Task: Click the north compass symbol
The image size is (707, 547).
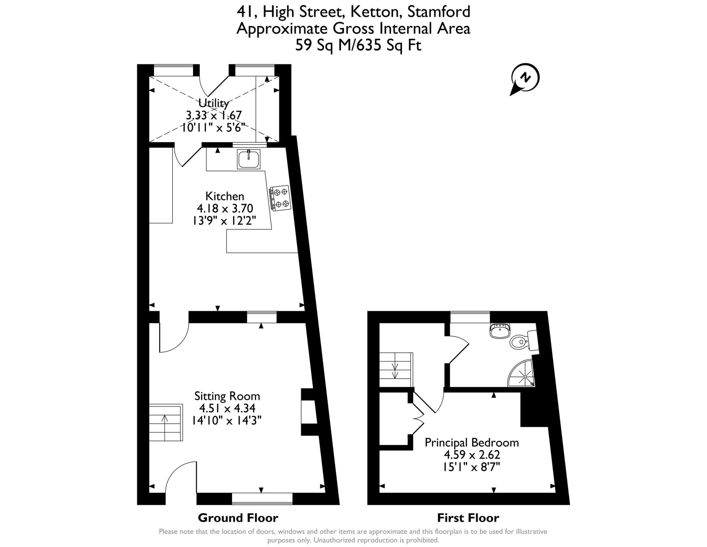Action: pyautogui.click(x=525, y=78)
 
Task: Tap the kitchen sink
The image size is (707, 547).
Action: pyautogui.click(x=249, y=159)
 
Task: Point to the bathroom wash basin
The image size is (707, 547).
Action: pyautogui.click(x=500, y=331)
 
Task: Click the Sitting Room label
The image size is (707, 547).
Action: pyautogui.click(x=227, y=396)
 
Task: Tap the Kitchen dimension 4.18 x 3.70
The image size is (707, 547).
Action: pyautogui.click(x=225, y=208)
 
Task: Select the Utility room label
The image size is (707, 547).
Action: pyautogui.click(x=213, y=103)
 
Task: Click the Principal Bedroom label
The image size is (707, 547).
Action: pyautogui.click(x=472, y=443)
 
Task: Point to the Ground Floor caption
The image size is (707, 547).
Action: pyautogui.click(x=238, y=518)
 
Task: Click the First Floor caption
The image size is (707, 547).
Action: pyautogui.click(x=468, y=518)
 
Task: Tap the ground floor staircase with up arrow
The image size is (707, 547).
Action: pyautogui.click(x=165, y=423)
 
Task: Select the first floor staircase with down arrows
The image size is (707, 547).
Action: pyautogui.click(x=396, y=370)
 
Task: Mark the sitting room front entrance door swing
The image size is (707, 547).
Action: pyautogui.click(x=181, y=479)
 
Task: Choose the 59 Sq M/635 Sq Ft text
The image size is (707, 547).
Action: pyautogui.click(x=358, y=45)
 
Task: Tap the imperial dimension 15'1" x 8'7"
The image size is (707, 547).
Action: pyautogui.click(x=472, y=467)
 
